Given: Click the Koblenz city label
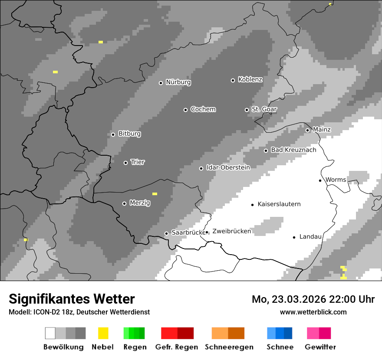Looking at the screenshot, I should [x=250, y=80].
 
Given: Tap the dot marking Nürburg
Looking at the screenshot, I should [x=161, y=83].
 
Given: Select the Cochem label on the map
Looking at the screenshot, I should [x=203, y=109].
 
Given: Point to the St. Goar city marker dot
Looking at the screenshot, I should [x=247, y=110].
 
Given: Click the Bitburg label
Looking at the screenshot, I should [x=129, y=134].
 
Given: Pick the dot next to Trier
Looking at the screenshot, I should [x=125, y=163].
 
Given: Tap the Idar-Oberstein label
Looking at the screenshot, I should [x=228, y=167].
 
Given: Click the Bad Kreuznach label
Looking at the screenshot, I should [x=293, y=150].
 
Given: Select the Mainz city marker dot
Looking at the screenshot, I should [x=307, y=130].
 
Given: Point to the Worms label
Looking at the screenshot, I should [x=336, y=180].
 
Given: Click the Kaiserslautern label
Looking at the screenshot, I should [x=279, y=204].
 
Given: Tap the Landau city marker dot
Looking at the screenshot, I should [x=294, y=237].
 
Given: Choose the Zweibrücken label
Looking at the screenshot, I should [x=231, y=231].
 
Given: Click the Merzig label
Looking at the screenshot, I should [x=140, y=203].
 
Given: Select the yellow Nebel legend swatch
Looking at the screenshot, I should [x=103, y=333].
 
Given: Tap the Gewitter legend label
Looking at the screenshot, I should [x=320, y=347].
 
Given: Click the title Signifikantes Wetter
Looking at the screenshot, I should [x=72, y=299].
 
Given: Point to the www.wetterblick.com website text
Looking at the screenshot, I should [x=313, y=312].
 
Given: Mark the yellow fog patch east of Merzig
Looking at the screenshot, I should [x=155, y=194].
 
